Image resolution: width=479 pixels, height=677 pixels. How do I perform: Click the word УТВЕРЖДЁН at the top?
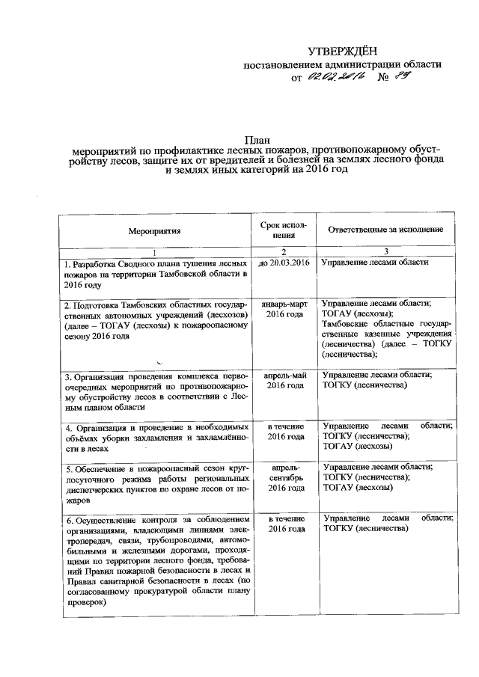tap(344, 50)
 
